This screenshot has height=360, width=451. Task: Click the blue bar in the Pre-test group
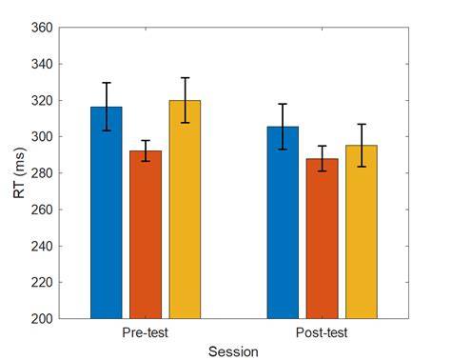pos(107,212)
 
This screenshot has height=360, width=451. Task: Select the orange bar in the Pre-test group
pos(146,234)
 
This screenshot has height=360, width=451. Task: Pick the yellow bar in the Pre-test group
pos(185,210)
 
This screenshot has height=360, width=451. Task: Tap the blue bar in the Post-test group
pos(283,223)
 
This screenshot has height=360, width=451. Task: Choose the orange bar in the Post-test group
pos(323,238)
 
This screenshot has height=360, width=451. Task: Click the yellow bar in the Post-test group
pos(362,231)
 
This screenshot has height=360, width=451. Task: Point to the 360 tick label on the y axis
pos(42,28)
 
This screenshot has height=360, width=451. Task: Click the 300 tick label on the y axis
pos(42,137)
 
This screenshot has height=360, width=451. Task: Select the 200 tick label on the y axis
pos(42,319)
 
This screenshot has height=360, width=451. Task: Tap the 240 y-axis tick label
pos(42,246)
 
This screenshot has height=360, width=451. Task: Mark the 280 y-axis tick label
pos(42,173)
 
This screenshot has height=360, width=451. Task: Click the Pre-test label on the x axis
pos(146,332)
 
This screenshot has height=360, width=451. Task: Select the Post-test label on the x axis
pos(322,332)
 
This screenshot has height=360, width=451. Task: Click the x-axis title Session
pos(233,351)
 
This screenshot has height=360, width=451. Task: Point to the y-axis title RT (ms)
pos(19,173)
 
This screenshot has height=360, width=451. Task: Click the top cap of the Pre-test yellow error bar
pos(185,78)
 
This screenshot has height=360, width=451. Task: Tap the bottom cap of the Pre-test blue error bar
pos(107,130)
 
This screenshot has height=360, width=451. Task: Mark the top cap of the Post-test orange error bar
pos(323,146)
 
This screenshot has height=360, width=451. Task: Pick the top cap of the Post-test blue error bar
pos(283,104)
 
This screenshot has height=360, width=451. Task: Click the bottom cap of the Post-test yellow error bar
pos(362,167)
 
